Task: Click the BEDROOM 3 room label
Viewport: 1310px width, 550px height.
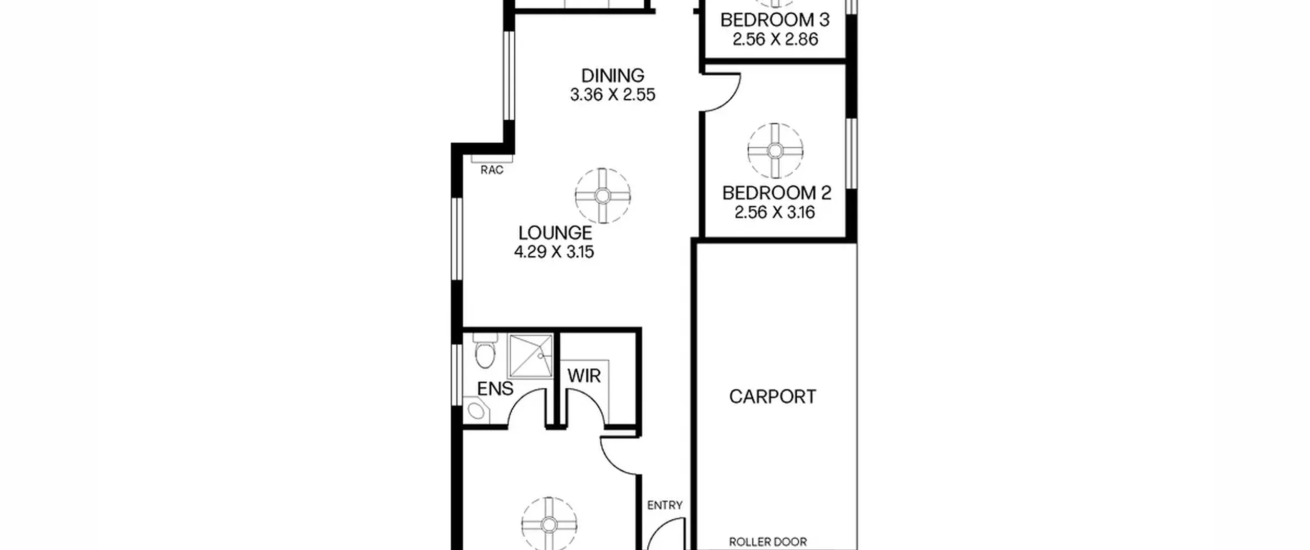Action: coord(775,20)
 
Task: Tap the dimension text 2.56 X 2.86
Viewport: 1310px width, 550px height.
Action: coord(775,39)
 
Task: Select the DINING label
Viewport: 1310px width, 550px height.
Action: coord(613,76)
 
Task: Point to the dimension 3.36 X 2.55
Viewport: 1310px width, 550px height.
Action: coord(613,95)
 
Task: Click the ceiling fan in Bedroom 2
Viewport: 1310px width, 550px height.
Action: coord(775,151)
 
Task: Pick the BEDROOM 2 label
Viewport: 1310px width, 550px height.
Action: coord(777,193)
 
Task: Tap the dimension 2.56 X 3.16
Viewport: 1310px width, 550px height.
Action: coord(775,212)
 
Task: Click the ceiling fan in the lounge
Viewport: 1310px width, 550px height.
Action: coord(602,195)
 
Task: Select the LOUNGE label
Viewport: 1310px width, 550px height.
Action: coord(555,233)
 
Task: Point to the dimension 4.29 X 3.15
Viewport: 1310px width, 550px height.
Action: coord(554,252)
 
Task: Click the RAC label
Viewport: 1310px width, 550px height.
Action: coord(492,170)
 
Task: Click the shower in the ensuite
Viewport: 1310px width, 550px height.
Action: coord(530,356)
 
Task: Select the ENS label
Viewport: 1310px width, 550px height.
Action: coord(495,389)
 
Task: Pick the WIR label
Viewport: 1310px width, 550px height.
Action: coord(584,377)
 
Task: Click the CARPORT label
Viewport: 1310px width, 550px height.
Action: coord(773,397)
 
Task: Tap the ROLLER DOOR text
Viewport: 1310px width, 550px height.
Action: coord(768,542)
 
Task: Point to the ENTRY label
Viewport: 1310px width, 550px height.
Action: coord(665,505)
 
